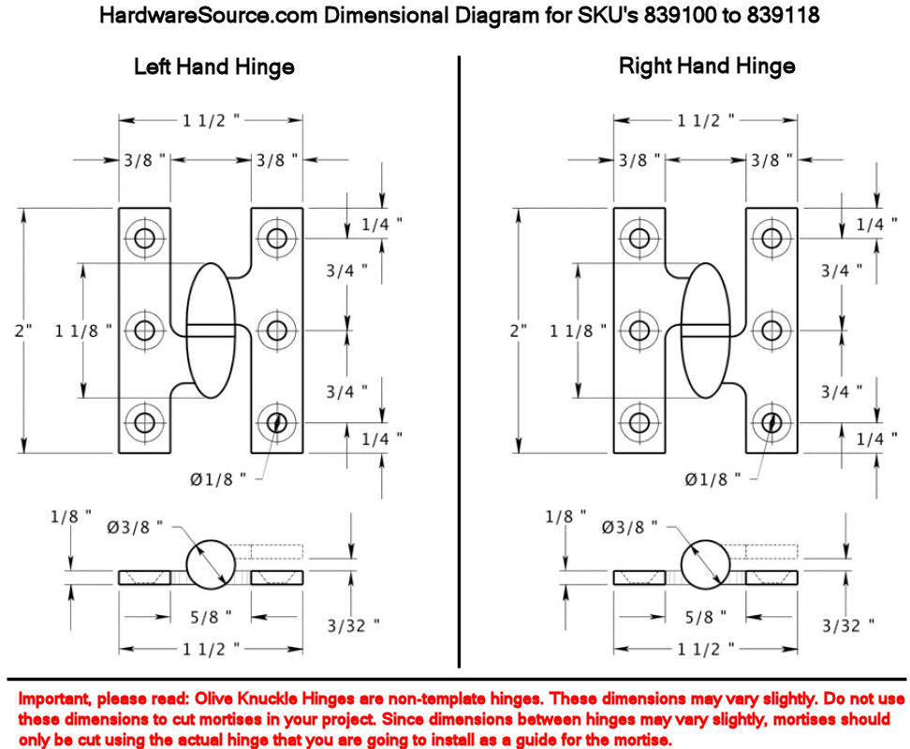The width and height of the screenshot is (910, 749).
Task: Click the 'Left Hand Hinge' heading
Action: click(x=214, y=67)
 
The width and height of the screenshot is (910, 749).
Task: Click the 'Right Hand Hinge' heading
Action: click(x=707, y=66)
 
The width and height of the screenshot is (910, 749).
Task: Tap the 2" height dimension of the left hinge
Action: click(x=23, y=331)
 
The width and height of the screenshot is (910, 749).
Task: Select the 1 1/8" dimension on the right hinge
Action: click(x=578, y=331)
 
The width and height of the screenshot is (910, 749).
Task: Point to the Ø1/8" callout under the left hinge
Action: click(x=217, y=479)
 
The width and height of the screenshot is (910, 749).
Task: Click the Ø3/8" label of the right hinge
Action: click(x=629, y=527)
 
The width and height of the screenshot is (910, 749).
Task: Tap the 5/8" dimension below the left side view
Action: click(x=211, y=617)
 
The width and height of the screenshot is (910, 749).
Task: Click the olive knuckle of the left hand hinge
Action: click(x=211, y=330)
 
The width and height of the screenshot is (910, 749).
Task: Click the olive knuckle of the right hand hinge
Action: click(x=705, y=330)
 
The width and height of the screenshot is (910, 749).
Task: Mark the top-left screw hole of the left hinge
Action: click(x=144, y=238)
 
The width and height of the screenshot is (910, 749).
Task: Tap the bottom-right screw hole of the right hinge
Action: click(x=771, y=423)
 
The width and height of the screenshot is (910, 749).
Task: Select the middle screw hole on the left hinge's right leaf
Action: click(x=277, y=330)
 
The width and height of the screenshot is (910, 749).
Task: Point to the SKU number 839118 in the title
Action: click(x=783, y=15)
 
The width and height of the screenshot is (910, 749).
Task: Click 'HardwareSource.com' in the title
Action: click(x=209, y=15)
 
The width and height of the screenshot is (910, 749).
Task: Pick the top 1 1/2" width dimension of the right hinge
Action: click(x=705, y=121)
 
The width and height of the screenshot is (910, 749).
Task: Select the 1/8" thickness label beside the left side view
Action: click(x=71, y=517)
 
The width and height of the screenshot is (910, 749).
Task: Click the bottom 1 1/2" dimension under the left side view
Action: click(x=211, y=649)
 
